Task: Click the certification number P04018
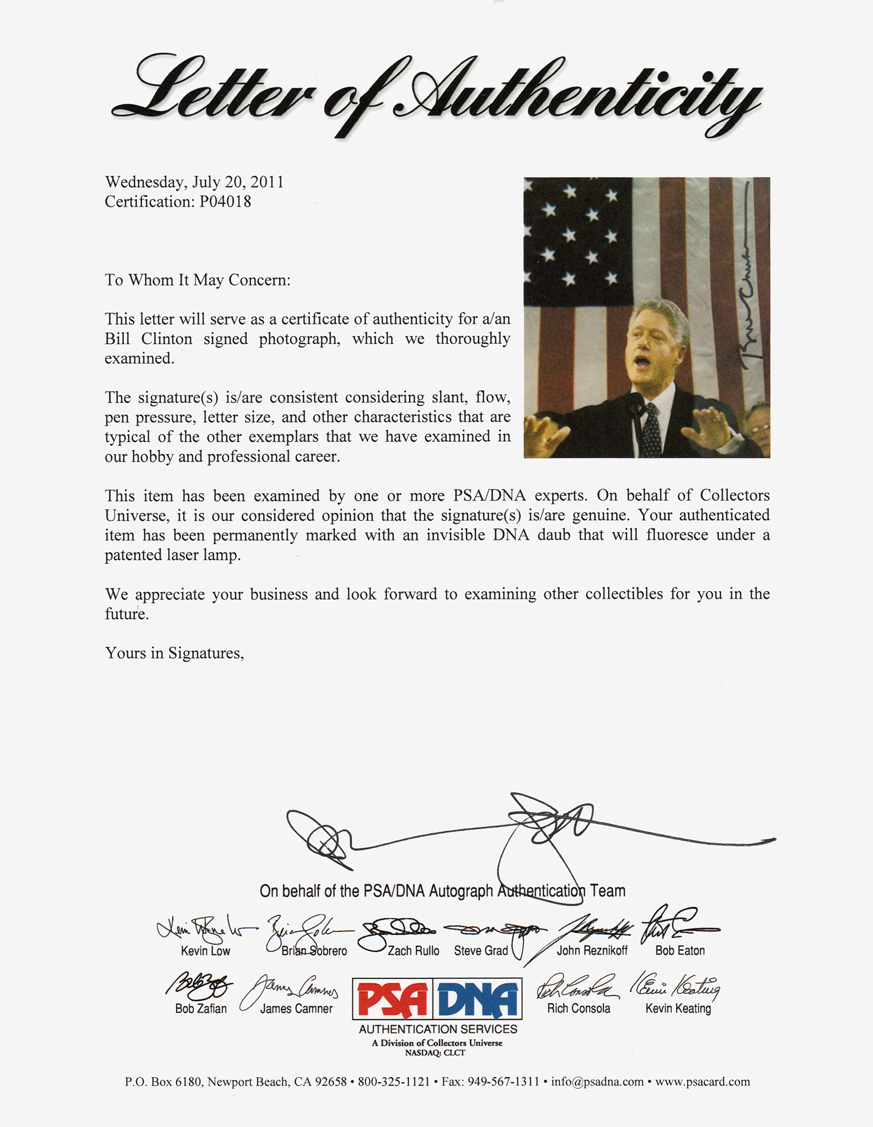pos(225,202)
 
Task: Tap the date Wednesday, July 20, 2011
pos(194,182)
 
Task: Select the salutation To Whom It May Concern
pos(197,280)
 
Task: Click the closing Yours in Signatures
pos(174,653)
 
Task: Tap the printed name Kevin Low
pos(205,951)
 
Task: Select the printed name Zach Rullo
pos(413,951)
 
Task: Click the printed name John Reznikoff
pos(592,951)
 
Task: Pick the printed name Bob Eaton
pos(680,951)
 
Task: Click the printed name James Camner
pos(296,1009)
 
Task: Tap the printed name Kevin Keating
pos(678,1009)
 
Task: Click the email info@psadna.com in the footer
pos(597,1082)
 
